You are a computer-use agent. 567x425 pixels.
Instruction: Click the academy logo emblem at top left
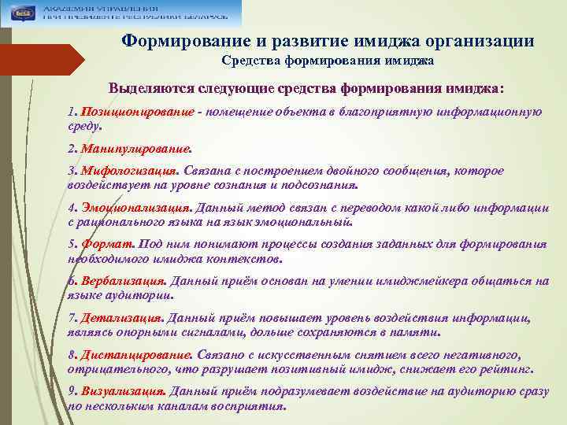pos(21,13)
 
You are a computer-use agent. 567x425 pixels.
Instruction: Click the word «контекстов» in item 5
pos(241,258)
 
